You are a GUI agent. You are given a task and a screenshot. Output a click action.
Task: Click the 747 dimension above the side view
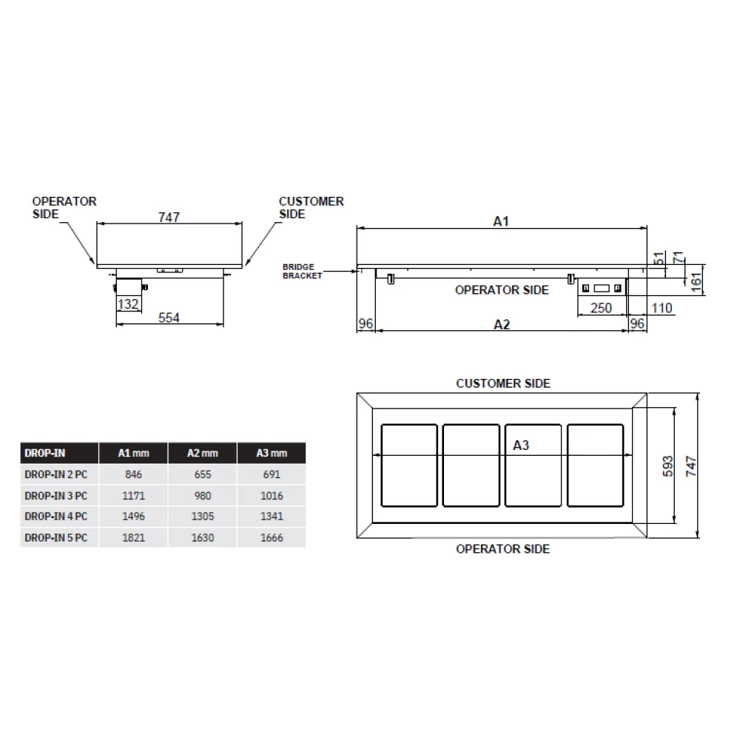coord(169,217)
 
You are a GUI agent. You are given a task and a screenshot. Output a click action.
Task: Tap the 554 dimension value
coord(169,317)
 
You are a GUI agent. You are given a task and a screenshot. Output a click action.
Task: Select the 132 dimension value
coord(128,304)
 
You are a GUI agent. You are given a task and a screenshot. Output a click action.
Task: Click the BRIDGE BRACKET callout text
coord(303,272)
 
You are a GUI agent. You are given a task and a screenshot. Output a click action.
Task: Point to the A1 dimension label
coord(501,221)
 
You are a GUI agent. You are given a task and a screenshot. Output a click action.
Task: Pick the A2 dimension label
coord(502,324)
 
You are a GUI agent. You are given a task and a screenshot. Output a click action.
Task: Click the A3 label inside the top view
coord(521,445)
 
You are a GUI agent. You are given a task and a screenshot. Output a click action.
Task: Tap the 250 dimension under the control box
coord(601,308)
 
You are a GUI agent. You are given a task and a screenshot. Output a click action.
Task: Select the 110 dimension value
coord(662,308)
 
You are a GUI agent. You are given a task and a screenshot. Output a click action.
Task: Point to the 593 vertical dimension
coord(667,465)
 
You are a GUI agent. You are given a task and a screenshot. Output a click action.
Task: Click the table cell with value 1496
coord(133,517)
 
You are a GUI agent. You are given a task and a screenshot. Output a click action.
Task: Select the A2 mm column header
coord(202,453)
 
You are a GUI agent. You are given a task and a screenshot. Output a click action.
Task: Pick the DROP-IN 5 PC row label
coord(56,538)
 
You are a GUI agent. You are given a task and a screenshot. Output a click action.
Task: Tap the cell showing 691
coord(271,474)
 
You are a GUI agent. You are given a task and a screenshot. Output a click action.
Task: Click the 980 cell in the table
coord(202,496)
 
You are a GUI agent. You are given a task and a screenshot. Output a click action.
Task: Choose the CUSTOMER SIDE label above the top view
coord(503,383)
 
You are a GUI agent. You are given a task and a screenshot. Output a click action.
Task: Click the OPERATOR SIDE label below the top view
coord(503,549)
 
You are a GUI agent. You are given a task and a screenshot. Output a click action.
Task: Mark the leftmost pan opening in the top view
coord(409,465)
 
